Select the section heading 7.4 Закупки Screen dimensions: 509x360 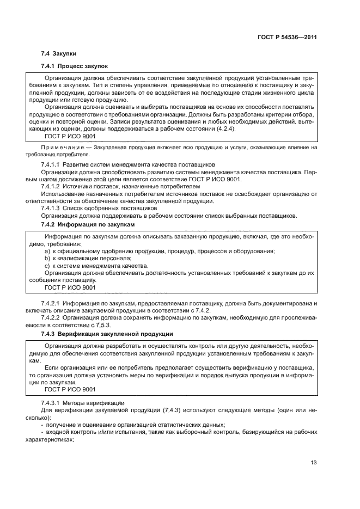pyautogui.click(x=59, y=54)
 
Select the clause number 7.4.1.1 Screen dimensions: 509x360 pyautogui.click(x=50, y=164)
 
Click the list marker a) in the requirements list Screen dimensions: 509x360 pyautogui.click(x=47, y=251)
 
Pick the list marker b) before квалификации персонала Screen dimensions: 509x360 pyautogui.click(x=47, y=258)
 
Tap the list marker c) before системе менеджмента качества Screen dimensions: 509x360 pyautogui.click(x=47, y=266)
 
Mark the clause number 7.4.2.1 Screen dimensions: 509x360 pyautogui.click(x=50, y=303)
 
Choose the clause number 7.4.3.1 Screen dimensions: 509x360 pyautogui.click(x=50, y=403)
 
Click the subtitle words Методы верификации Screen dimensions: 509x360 pyautogui.click(x=89, y=403)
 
